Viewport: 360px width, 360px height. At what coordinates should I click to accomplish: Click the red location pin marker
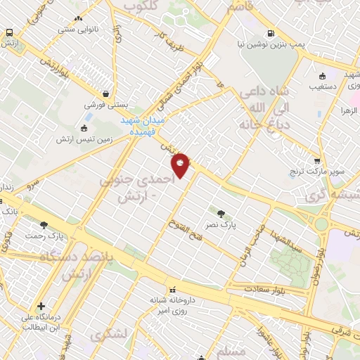[x=181, y=165]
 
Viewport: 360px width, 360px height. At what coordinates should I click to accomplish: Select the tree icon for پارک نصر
[x=221, y=214]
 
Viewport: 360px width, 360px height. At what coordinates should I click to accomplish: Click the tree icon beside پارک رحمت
[x=44, y=225]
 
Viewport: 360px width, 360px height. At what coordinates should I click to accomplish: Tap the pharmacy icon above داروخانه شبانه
[x=172, y=288]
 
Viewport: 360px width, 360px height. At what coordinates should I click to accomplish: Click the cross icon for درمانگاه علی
[x=41, y=307]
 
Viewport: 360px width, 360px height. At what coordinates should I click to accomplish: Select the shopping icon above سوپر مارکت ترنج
[x=317, y=161]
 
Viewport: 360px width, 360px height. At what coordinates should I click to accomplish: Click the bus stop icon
[x=10, y=33]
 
